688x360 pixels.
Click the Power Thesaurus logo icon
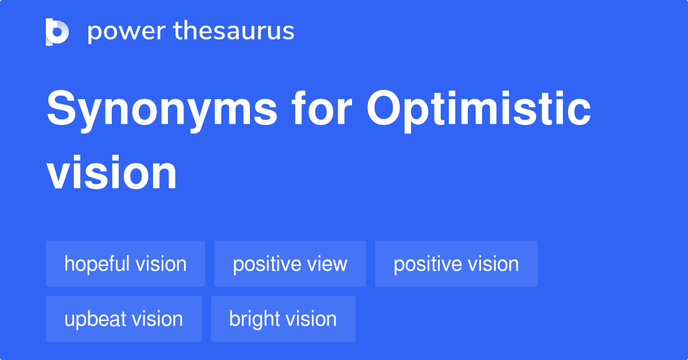pos(57,32)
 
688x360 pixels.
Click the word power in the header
pos(127,32)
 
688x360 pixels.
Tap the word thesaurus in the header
pos(234,30)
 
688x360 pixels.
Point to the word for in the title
pos(322,108)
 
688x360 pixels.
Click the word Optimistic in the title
pos(479,111)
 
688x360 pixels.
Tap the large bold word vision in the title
pos(111,173)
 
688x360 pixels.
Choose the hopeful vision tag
pos(126,264)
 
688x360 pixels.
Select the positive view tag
pos(290,264)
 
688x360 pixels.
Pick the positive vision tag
pos(456,264)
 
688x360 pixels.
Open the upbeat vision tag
pos(124,319)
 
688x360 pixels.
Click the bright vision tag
pos(283,319)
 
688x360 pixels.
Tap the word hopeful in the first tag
pos(97,264)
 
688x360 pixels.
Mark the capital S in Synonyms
pos(61,108)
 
